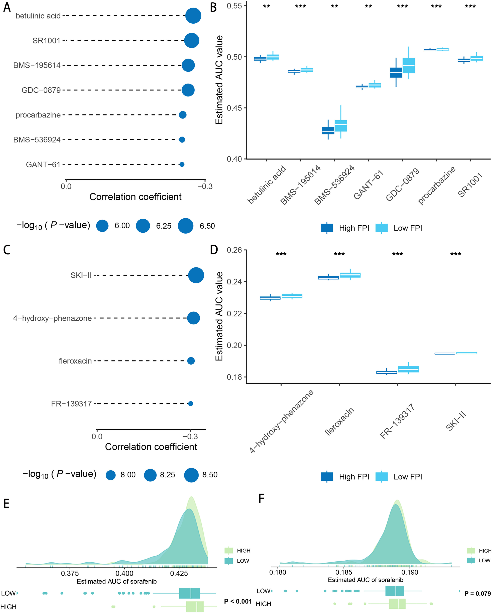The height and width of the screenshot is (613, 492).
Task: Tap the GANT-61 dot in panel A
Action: click(x=182, y=164)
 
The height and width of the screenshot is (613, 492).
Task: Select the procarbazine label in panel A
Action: click(x=38, y=115)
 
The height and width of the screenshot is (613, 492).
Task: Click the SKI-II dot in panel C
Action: click(x=196, y=275)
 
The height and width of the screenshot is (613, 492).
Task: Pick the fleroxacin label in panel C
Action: click(x=75, y=361)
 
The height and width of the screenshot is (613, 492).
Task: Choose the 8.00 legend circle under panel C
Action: click(x=110, y=475)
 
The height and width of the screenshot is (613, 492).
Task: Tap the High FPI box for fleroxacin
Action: click(x=328, y=278)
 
